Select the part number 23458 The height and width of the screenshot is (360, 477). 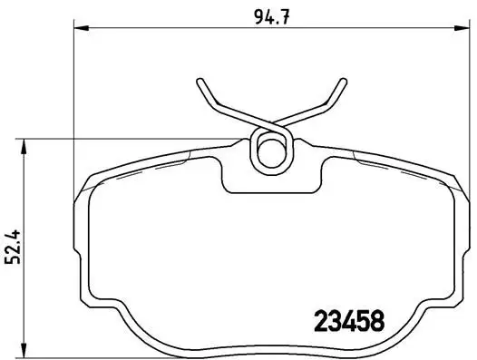(348, 320)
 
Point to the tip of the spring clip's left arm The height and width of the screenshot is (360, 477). (198, 81)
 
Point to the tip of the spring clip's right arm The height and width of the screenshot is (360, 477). (344, 80)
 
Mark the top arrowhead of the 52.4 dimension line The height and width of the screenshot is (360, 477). (24, 142)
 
